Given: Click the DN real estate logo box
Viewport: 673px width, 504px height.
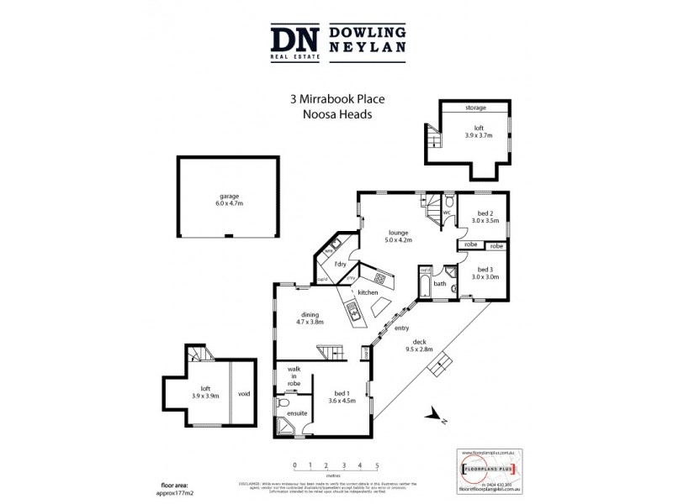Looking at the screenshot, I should tap(294, 42).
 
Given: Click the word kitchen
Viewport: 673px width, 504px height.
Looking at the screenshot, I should tap(368, 291).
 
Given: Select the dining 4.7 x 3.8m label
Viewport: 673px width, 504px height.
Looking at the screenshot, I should tap(310, 318).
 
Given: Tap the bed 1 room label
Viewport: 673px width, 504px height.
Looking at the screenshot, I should tap(342, 396).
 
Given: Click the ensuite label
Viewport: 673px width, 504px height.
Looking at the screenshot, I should tap(297, 413).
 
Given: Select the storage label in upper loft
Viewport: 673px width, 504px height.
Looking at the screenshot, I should tap(477, 109).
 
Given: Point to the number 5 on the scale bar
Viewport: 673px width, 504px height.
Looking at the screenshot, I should tap(377, 465).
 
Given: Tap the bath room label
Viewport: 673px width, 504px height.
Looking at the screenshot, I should tap(439, 284).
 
